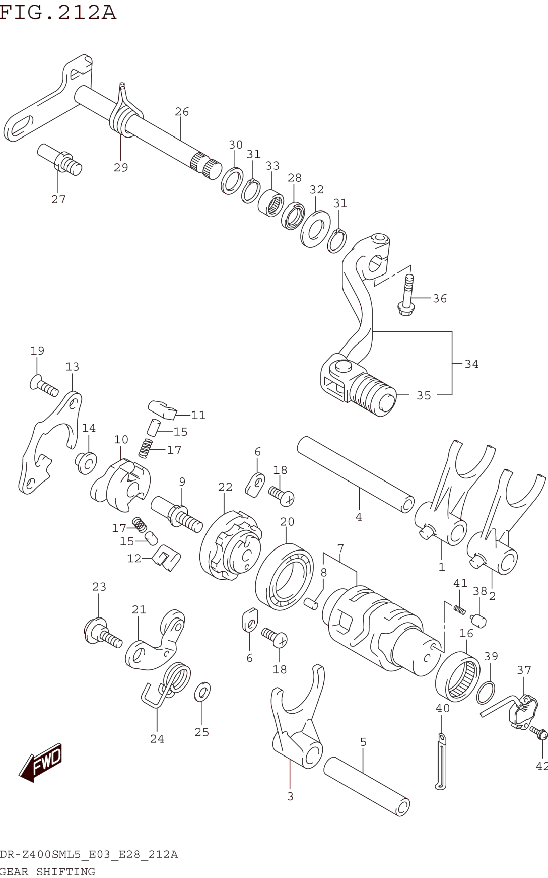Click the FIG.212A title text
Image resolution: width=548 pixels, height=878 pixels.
coord(58,13)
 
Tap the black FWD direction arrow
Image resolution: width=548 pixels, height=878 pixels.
coord(41,762)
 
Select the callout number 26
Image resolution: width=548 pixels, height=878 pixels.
coord(182,112)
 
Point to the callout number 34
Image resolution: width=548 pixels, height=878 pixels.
coord(471,364)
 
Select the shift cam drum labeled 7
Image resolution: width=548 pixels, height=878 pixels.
coord(377,631)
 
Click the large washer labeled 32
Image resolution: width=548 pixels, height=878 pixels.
coord(315,229)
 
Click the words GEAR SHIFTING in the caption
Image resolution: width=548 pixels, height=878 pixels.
coord(47,871)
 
